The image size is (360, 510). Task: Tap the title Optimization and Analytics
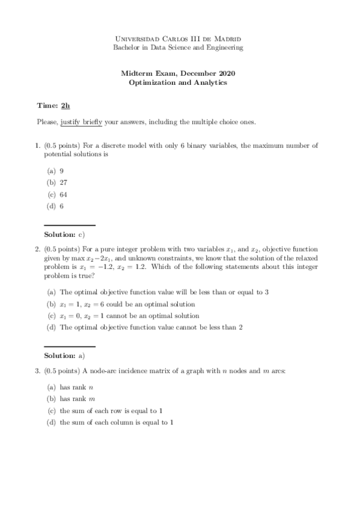tap(178, 83)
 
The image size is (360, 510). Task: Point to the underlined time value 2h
tap(66, 106)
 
